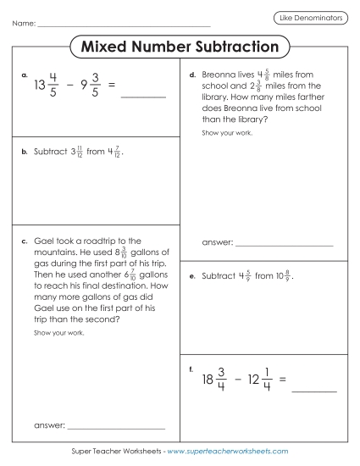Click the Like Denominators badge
coord(311,17)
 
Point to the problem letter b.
coord(25,153)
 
